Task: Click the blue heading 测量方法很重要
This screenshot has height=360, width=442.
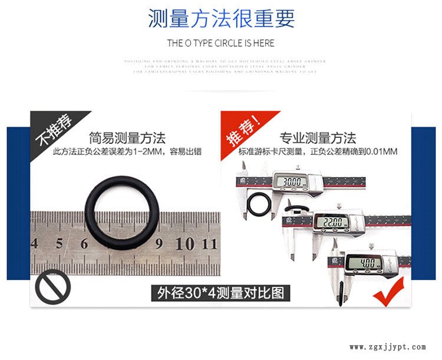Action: pos(220,19)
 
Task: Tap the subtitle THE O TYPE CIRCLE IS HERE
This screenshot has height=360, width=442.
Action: pos(220,43)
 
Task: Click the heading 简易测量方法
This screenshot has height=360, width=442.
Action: pos(127,138)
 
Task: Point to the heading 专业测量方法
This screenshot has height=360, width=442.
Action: pos(318,138)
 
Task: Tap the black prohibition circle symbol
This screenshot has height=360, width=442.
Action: pos(53,288)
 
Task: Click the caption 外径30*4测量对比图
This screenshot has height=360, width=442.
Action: pos(220,292)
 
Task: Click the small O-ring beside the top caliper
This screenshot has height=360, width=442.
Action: pos(258,205)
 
